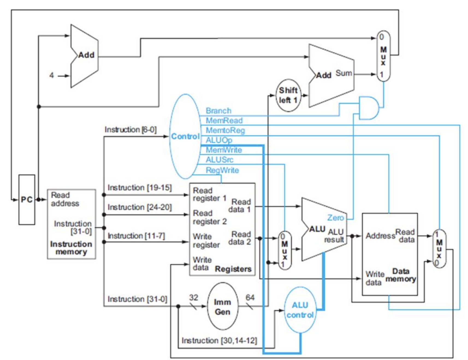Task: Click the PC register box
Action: (x=27, y=200)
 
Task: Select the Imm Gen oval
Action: (x=223, y=306)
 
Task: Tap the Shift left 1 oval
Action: (x=288, y=95)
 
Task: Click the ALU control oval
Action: (x=300, y=310)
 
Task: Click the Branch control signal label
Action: (x=218, y=111)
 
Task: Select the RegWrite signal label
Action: (x=222, y=170)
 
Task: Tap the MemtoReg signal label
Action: (x=225, y=130)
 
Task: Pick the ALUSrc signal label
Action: (x=220, y=160)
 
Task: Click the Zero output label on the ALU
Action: (x=336, y=218)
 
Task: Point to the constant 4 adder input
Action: (x=52, y=75)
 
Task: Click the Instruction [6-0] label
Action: (x=131, y=129)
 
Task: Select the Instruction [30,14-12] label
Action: (x=219, y=340)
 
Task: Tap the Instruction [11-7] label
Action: (x=136, y=236)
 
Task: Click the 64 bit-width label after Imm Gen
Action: (x=250, y=297)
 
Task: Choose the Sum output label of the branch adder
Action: (x=344, y=73)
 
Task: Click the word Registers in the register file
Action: (x=233, y=269)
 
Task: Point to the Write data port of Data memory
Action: (x=375, y=278)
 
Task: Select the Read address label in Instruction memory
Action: (x=65, y=199)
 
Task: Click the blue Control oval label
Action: (x=185, y=136)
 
